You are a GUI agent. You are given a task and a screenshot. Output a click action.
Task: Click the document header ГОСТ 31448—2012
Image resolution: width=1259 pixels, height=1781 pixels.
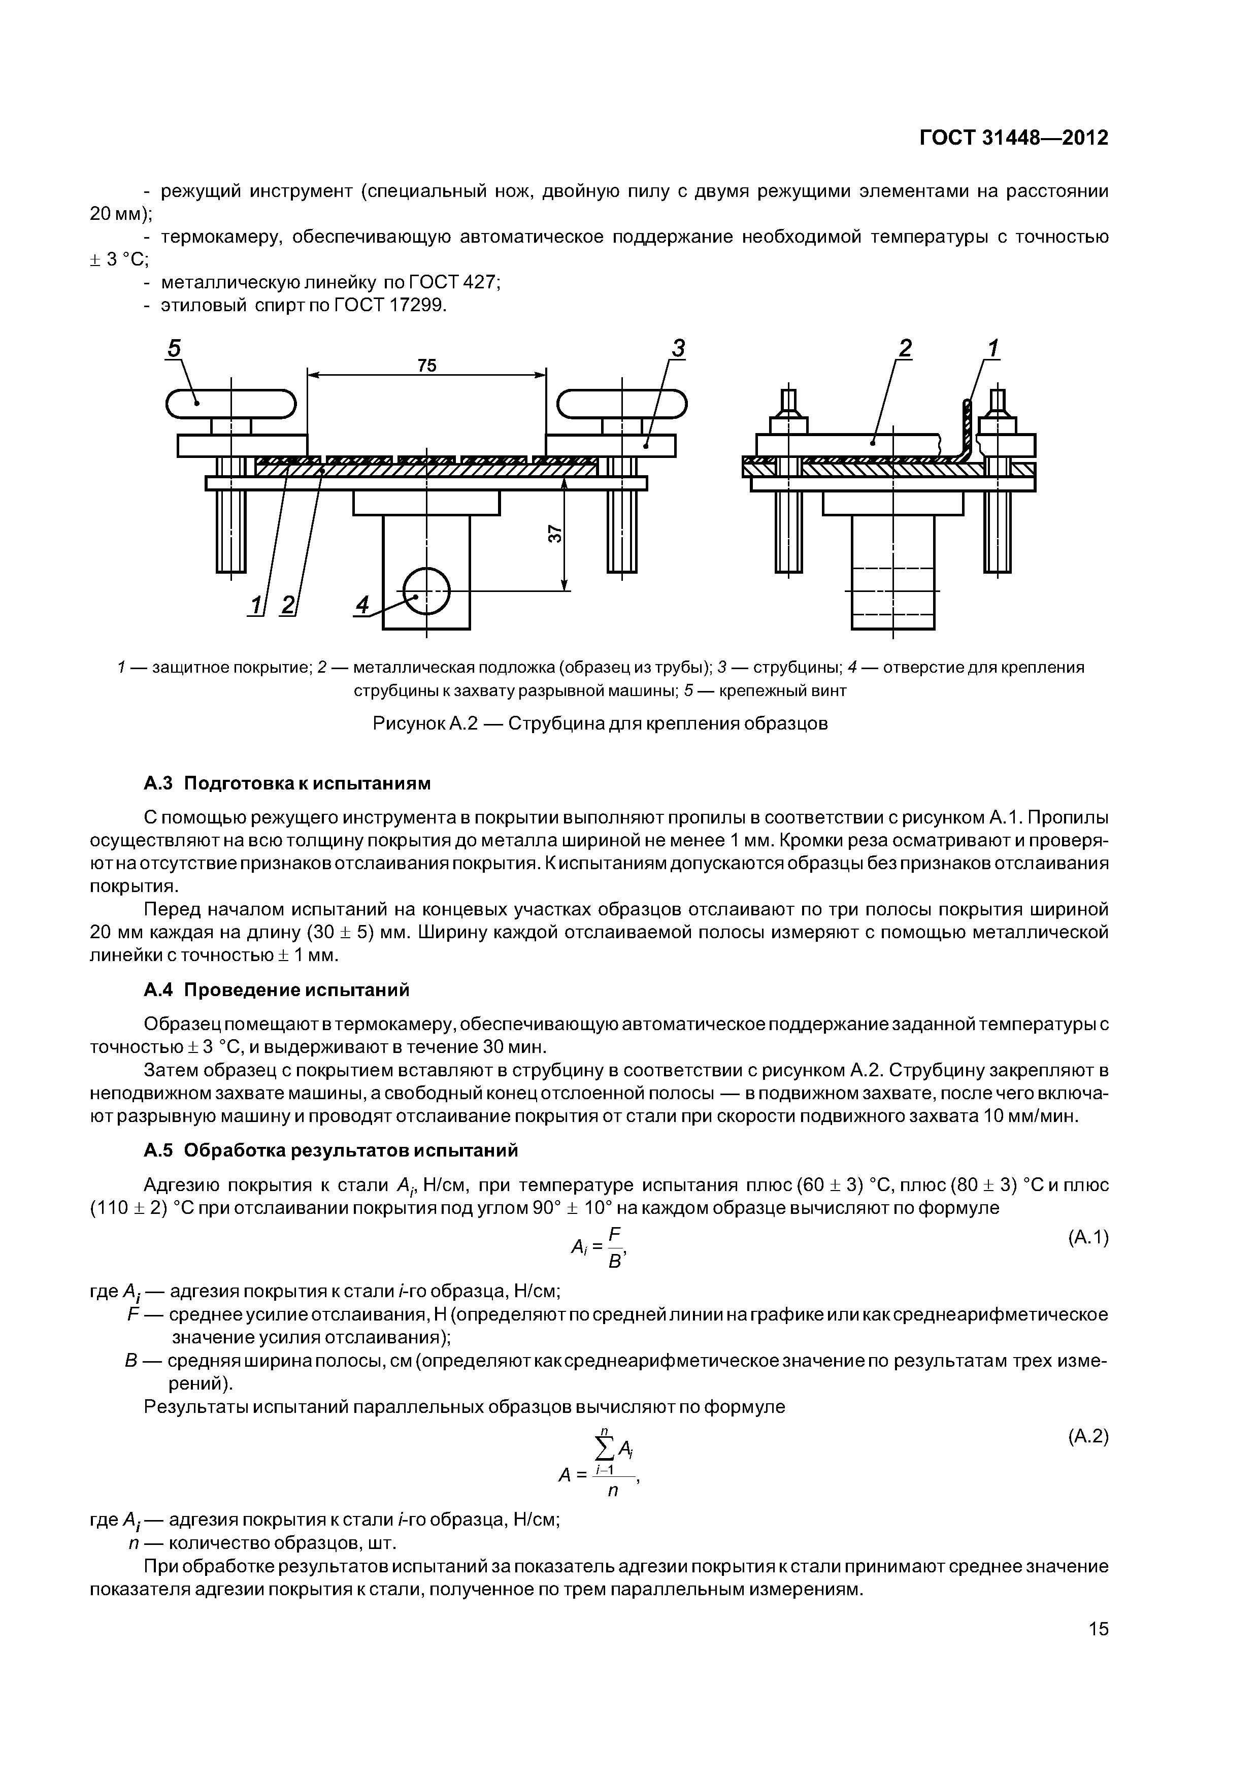(1014, 138)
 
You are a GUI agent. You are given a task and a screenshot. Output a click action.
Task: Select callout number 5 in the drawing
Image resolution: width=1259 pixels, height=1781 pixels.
(174, 349)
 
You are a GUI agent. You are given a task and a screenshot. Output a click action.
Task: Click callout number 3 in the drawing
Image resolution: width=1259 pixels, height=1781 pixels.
(678, 349)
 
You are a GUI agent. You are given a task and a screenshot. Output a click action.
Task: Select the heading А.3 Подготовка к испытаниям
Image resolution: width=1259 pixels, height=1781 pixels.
(287, 783)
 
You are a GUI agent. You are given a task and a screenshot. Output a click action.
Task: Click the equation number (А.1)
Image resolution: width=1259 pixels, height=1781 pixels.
(1087, 1238)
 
